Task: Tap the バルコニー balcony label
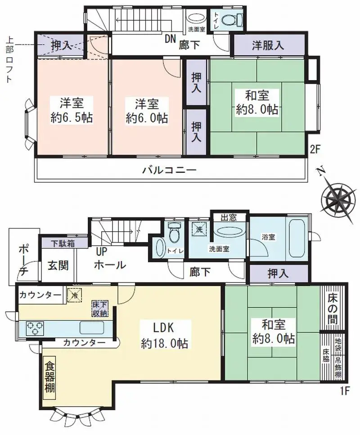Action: pos(169,170)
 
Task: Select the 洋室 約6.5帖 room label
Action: pos(72,110)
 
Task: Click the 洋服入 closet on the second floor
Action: pos(268,45)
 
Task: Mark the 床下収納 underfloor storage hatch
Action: pos(100,308)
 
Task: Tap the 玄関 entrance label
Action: pos(58,265)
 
